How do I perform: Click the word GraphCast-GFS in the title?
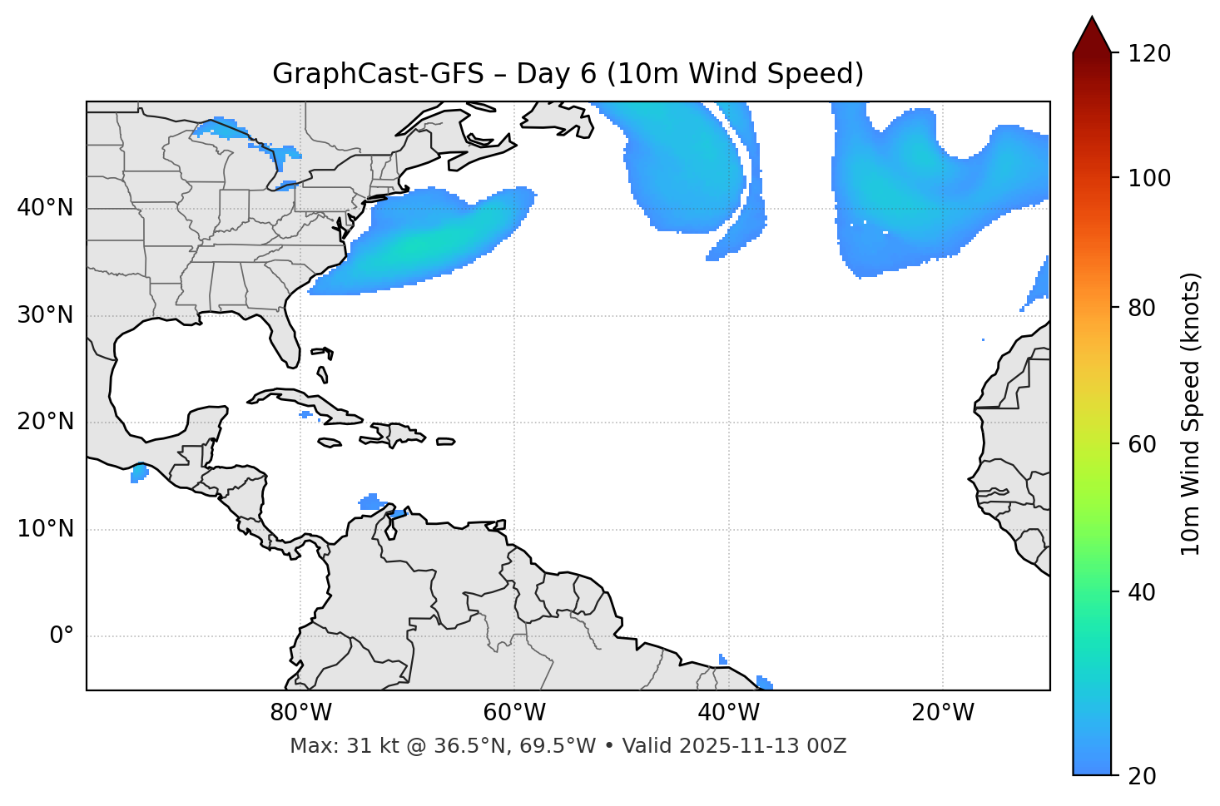pyautogui.click(x=378, y=74)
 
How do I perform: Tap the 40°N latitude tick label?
pyautogui.click(x=45, y=208)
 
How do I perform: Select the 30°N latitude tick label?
pyautogui.click(x=45, y=315)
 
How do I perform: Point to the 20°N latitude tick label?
pyautogui.click(x=45, y=422)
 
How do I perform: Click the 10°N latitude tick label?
pyautogui.click(x=45, y=529)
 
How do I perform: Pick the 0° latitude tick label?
pyautogui.click(x=62, y=636)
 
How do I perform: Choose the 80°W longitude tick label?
pyautogui.click(x=300, y=713)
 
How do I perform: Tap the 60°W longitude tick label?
pyautogui.click(x=514, y=713)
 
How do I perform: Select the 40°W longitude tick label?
pyautogui.click(x=728, y=713)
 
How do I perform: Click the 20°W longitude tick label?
pyautogui.click(x=942, y=713)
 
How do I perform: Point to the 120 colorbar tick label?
pyautogui.click(x=1148, y=54)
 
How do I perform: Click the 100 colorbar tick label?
pyautogui.click(x=1148, y=178)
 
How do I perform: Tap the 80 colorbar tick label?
pyautogui.click(x=1142, y=308)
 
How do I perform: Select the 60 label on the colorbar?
pyautogui.click(x=1142, y=444)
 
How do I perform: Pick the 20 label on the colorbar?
pyautogui.click(x=1142, y=776)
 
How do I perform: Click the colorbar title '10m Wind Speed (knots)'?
pyautogui.click(x=1191, y=413)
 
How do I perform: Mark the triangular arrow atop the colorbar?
pyautogui.click(x=1092, y=35)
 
